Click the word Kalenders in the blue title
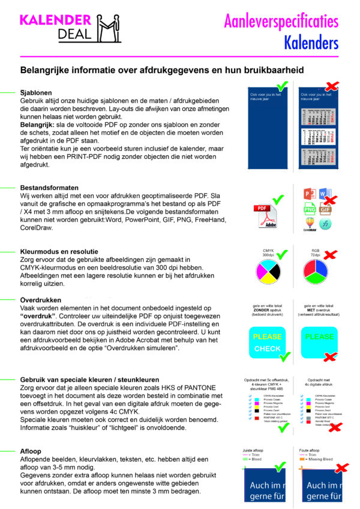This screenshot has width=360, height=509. (311, 43)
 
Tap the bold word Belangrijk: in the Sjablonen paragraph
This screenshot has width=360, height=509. (35, 124)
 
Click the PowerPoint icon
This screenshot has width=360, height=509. (310, 194)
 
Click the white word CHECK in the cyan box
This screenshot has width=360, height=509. (267, 348)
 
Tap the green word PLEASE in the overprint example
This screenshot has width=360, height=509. (319, 337)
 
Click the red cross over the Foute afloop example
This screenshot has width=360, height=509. (341, 468)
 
